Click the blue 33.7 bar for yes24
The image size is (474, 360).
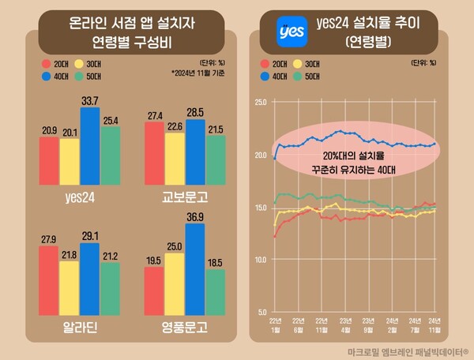89,145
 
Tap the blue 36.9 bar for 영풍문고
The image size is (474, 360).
194,268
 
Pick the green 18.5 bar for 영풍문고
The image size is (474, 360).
215,291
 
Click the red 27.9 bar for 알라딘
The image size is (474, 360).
49,279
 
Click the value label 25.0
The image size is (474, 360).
174,246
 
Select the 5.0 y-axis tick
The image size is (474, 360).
261,312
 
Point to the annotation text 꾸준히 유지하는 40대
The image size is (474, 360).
353,169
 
